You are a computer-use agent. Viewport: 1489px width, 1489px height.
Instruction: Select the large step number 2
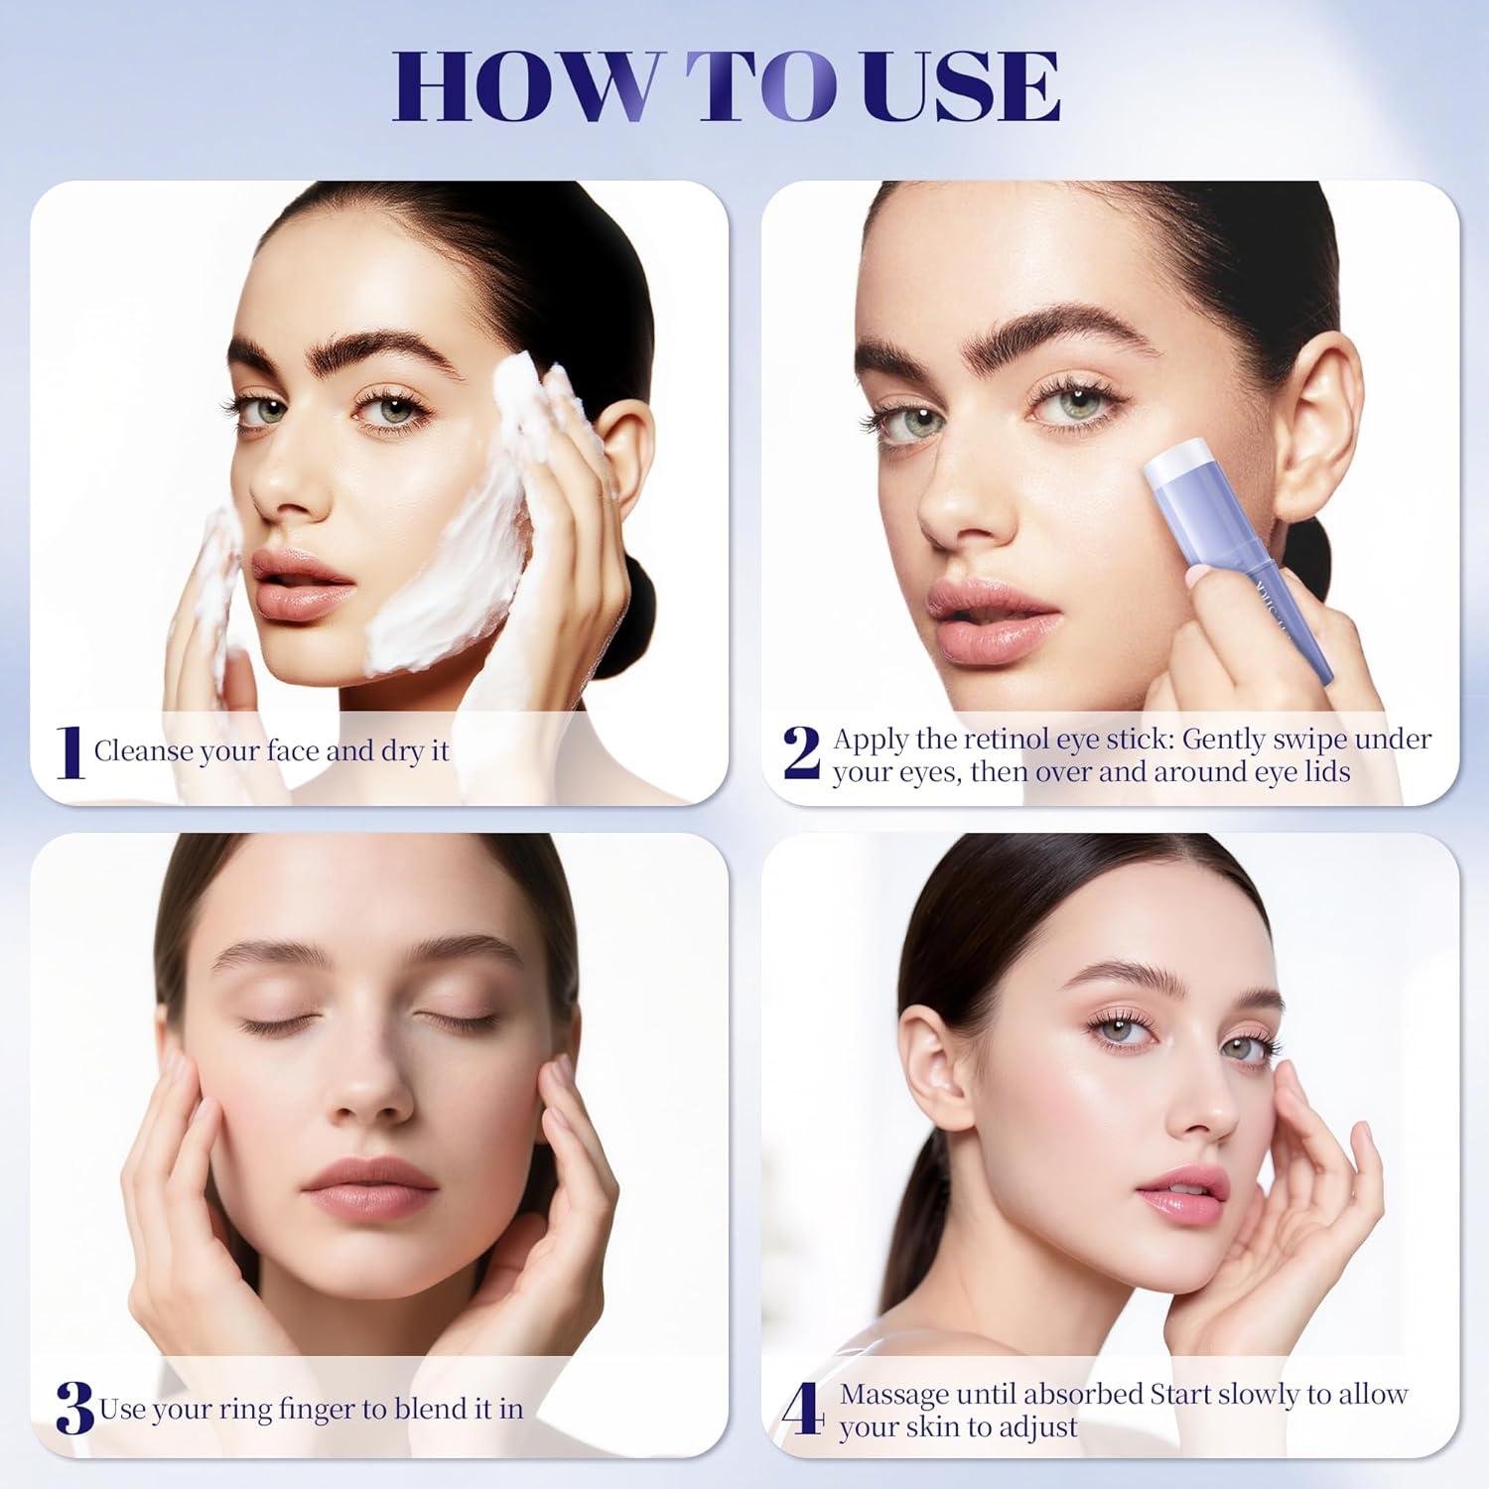(802, 752)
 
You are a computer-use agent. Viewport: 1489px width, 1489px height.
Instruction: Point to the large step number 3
(75, 1408)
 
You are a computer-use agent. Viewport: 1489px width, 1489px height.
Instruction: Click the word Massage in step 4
(893, 1395)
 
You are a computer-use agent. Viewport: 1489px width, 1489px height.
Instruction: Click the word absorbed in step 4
(1082, 1395)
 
